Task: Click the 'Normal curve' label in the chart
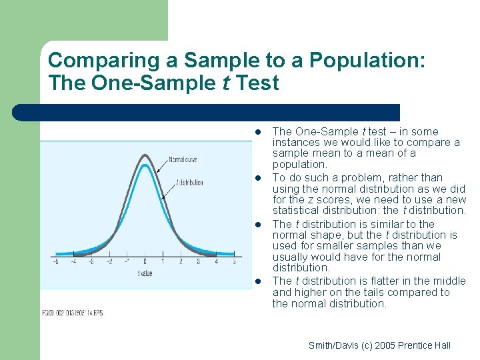183,159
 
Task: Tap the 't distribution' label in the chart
190,182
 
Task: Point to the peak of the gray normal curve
145,155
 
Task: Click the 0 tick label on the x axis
145,262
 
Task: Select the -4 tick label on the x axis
73,262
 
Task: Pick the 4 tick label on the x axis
216,262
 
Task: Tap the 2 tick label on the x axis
181,262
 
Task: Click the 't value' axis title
145,273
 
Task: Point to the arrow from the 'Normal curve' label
162,167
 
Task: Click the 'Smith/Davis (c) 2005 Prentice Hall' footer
379,345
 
